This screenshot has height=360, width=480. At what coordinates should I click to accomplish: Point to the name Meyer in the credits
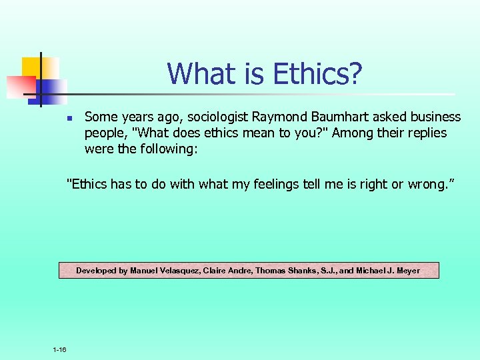click(408, 271)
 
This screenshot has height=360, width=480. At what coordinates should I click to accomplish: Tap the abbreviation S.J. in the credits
click(326, 271)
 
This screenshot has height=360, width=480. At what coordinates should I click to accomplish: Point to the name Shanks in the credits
click(299, 271)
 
